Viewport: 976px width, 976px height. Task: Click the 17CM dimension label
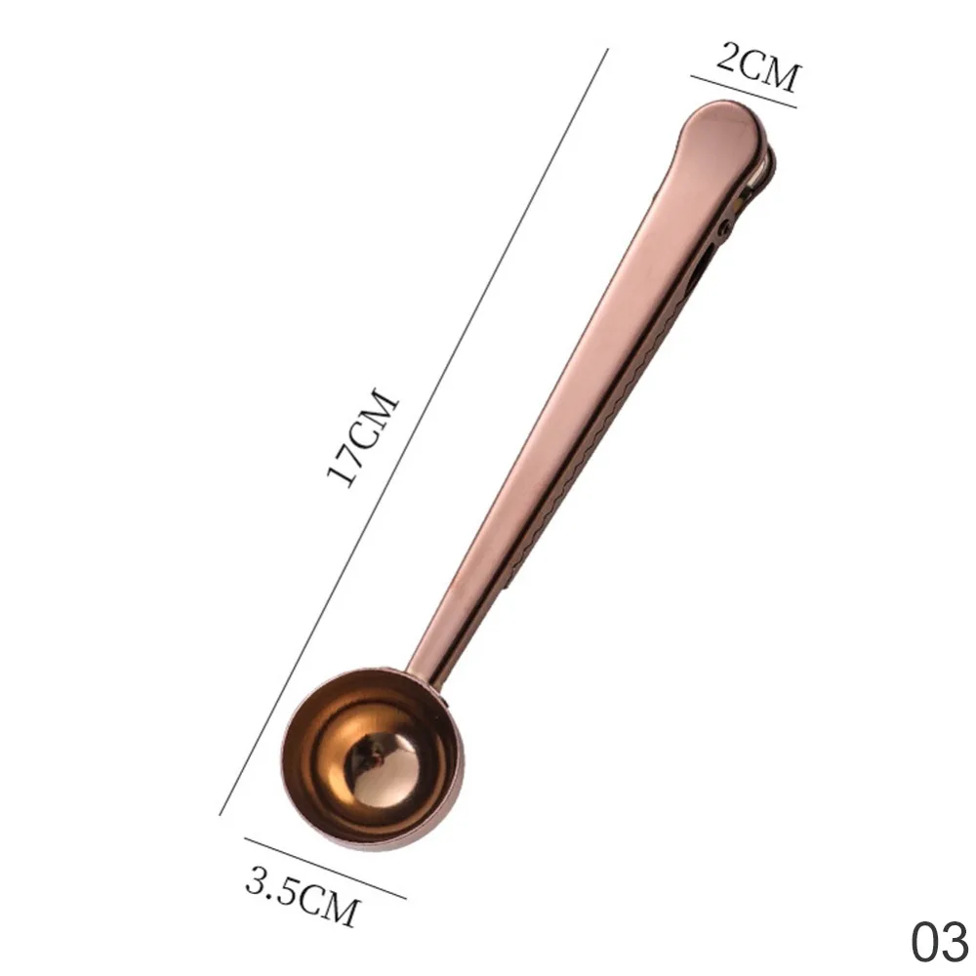pyautogui.click(x=361, y=437)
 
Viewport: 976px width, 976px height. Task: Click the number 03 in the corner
pyautogui.click(x=941, y=942)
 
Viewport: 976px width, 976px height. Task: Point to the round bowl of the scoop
pyautogui.click(x=373, y=761)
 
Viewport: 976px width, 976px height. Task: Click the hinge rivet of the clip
pyautogui.click(x=724, y=227)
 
